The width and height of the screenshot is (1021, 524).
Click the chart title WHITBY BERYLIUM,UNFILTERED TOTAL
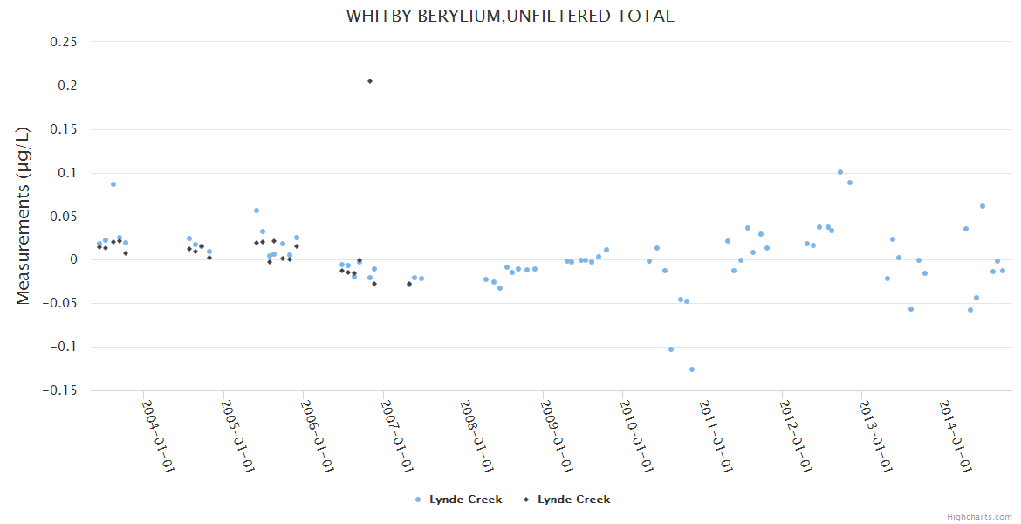(x=510, y=17)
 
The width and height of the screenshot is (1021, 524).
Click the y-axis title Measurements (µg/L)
(x=24, y=216)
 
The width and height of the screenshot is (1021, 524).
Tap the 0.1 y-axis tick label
(x=65, y=173)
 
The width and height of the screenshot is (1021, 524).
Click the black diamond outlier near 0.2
(x=370, y=81)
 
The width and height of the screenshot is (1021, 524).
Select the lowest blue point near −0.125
(x=692, y=369)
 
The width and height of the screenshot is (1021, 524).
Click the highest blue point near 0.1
(x=840, y=172)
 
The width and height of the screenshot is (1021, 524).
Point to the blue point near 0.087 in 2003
(x=113, y=184)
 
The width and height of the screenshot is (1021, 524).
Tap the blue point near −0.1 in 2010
(x=671, y=349)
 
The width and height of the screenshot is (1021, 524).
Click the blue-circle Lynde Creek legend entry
(x=458, y=500)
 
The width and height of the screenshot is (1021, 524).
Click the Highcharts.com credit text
(x=979, y=516)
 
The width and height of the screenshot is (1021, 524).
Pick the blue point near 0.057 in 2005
(x=257, y=210)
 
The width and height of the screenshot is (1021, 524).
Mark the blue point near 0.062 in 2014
(x=983, y=206)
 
